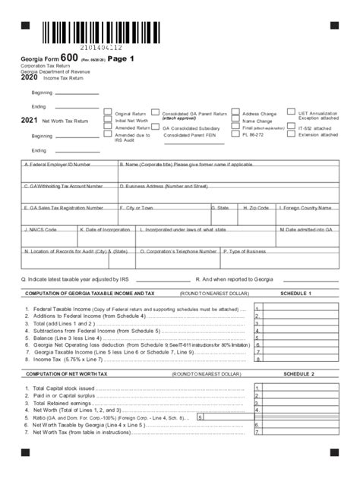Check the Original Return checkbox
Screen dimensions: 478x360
tap(108, 113)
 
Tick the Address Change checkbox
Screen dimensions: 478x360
tap(235, 113)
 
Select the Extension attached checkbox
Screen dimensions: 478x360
tap(291, 136)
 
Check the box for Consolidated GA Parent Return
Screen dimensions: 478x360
tap(155, 113)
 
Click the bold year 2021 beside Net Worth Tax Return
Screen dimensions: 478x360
tap(30, 121)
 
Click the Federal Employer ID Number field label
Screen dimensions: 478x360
tap(58, 164)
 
